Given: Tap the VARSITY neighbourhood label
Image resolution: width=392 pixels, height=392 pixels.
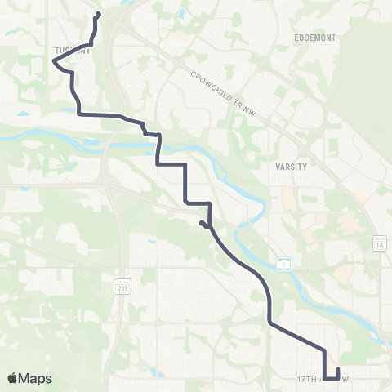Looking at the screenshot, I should (x=292, y=166).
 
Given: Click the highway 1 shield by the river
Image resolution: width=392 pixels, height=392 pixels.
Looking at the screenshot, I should (x=283, y=263).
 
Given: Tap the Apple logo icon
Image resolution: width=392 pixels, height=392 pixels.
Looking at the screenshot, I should (x=13, y=378).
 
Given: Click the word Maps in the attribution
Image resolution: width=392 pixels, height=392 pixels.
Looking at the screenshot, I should (x=36, y=378).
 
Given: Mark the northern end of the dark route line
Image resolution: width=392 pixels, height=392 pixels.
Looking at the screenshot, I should (x=99, y=13).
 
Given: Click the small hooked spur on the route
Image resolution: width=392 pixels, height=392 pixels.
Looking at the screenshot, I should (x=202, y=223).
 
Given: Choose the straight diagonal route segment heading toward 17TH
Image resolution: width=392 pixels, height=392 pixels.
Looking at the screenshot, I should (x=297, y=337).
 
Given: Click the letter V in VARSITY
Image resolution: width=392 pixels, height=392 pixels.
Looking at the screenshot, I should (x=278, y=166).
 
